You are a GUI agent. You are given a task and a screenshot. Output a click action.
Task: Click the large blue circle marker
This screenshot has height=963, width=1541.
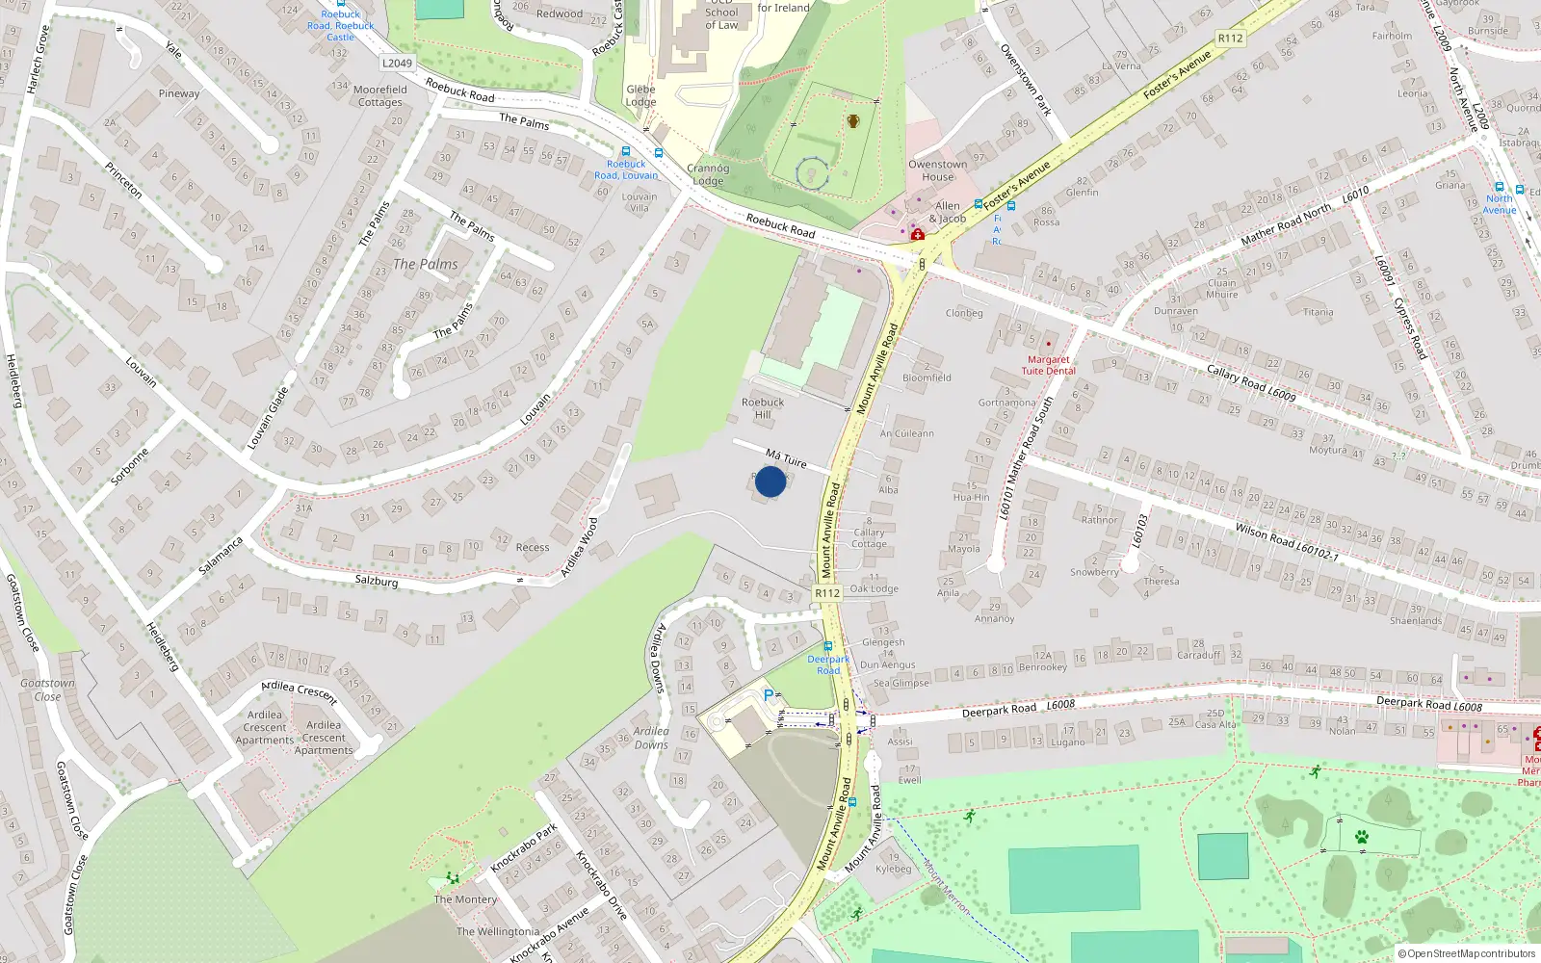coord(770,481)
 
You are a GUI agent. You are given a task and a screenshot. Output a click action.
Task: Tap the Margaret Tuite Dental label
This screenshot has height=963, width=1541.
coord(1048,365)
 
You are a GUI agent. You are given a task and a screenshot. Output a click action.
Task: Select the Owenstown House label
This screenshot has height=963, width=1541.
coord(937,170)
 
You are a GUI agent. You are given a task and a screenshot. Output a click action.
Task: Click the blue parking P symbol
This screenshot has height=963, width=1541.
coord(769,695)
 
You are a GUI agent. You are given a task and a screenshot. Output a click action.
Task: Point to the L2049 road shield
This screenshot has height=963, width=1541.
coord(397,64)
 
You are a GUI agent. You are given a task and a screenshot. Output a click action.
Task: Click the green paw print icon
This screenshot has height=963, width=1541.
coord(1361,837)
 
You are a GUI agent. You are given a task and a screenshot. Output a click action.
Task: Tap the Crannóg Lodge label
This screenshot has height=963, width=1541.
coord(708,174)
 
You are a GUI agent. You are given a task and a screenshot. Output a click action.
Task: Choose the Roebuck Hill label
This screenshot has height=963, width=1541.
coord(763,408)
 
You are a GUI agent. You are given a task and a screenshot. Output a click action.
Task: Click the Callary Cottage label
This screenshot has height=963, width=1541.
coord(869,537)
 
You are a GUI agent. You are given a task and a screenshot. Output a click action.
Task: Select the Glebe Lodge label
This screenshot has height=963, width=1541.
coord(640,95)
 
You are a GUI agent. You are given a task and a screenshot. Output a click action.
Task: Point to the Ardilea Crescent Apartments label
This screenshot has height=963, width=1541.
coord(265,727)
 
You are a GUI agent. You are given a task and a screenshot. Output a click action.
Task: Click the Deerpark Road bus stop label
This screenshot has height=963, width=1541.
coord(828,664)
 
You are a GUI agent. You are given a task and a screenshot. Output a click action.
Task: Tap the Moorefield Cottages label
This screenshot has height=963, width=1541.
coord(380,95)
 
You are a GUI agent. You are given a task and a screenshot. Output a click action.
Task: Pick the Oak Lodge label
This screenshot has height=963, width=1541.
coord(875,588)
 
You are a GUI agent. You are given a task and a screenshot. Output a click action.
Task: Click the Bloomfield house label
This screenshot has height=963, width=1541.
coord(927,377)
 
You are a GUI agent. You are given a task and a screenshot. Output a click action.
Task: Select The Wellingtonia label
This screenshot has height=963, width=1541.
coord(498,931)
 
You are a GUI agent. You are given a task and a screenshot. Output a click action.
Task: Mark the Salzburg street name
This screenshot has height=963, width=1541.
coord(377,581)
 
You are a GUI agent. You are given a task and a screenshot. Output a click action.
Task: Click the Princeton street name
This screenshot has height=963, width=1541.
coord(123,180)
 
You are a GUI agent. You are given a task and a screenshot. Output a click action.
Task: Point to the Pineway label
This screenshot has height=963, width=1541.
coord(179,93)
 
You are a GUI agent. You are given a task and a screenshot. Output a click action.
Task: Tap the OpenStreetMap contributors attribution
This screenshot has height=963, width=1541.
coord(1467,953)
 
